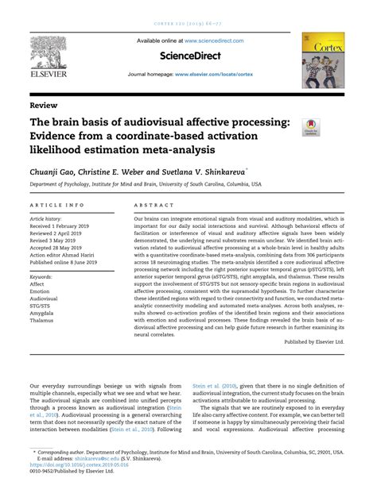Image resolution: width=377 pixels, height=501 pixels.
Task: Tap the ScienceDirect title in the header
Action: pyautogui.click(x=188, y=56)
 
